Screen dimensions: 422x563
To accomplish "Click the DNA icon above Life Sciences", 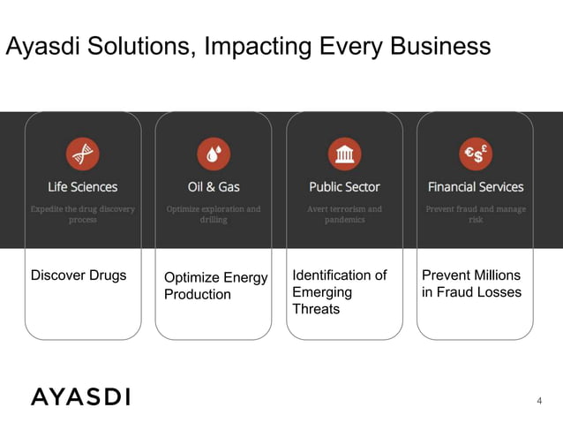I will tap(83, 154).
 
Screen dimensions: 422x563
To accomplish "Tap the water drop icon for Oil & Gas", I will tap(214, 154).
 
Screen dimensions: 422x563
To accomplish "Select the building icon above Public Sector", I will tap(344, 154).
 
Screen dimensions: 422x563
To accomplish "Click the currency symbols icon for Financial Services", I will tap(476, 154).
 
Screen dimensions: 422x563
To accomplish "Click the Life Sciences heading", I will tap(83, 187).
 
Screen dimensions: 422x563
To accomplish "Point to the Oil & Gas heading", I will tap(214, 187).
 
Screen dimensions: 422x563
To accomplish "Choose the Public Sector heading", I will tap(344, 187).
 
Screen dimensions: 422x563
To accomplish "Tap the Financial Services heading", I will tap(476, 187).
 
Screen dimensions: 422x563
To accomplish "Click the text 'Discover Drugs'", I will tap(79, 275).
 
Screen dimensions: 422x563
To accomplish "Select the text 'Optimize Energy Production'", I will tap(215, 286).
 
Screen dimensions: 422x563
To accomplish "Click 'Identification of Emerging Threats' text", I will tap(339, 292).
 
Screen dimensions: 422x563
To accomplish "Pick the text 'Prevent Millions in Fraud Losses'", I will tap(471, 283).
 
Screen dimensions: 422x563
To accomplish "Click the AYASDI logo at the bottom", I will tap(80, 396).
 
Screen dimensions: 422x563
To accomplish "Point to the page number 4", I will tap(539, 401).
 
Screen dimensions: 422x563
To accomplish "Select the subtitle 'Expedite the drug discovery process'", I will tap(83, 215).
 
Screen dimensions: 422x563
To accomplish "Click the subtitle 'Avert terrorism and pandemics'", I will tap(344, 215).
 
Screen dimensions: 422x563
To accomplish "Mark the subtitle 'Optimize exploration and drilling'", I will tap(214, 215).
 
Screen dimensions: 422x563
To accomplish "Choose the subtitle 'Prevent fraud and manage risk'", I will tap(476, 215).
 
